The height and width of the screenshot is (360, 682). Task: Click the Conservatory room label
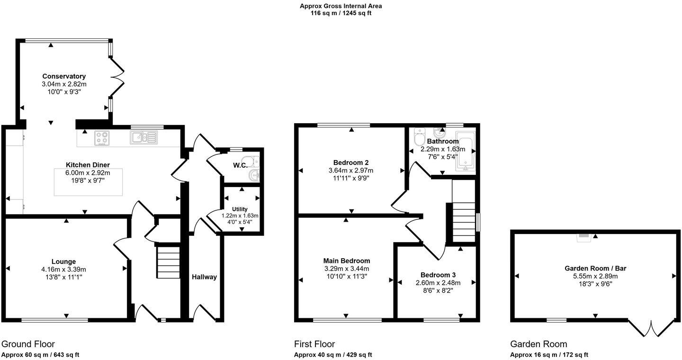(x=64, y=76)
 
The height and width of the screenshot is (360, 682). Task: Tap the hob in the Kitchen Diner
(x=102, y=137)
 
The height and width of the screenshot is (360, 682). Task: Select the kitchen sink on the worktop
(x=143, y=137)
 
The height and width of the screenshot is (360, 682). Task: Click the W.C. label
(x=239, y=166)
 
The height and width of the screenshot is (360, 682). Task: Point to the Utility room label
(x=240, y=209)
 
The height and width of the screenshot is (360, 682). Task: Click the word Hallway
(x=205, y=277)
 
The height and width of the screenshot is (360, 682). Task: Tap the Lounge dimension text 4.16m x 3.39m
(x=64, y=270)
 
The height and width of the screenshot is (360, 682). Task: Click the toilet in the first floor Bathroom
(x=419, y=138)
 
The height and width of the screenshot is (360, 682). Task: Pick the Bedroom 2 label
(x=351, y=162)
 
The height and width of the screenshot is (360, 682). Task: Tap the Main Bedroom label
(x=347, y=261)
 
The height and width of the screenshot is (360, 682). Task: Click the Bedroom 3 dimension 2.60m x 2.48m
(x=438, y=283)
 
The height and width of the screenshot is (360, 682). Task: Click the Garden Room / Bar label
(x=595, y=268)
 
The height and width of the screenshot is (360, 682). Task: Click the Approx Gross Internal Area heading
(x=341, y=6)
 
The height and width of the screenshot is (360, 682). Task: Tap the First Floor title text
(x=314, y=344)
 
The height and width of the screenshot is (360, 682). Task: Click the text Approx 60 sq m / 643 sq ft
(x=40, y=355)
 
